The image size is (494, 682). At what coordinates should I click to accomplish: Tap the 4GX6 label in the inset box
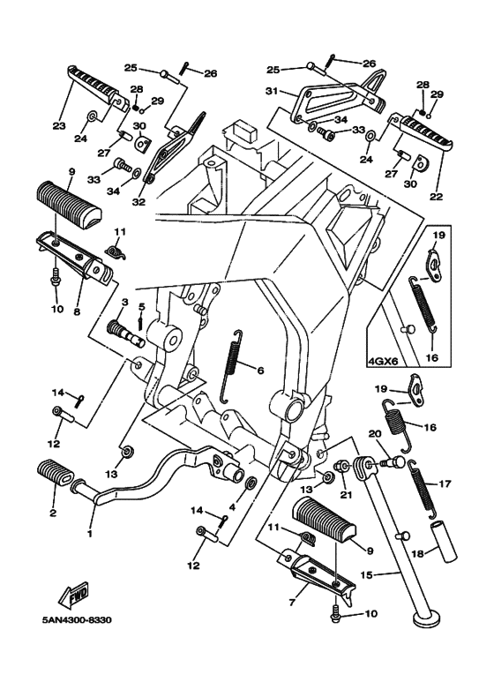pyautogui.click(x=381, y=359)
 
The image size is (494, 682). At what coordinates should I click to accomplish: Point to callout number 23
pyautogui.click(x=59, y=125)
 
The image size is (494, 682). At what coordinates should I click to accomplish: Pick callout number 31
pyautogui.click(x=272, y=91)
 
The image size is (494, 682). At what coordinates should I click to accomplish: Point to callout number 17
pyautogui.click(x=445, y=484)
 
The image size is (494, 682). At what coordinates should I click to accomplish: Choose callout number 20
pyautogui.click(x=374, y=433)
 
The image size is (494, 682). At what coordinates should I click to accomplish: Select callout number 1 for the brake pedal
pyautogui.click(x=88, y=533)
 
